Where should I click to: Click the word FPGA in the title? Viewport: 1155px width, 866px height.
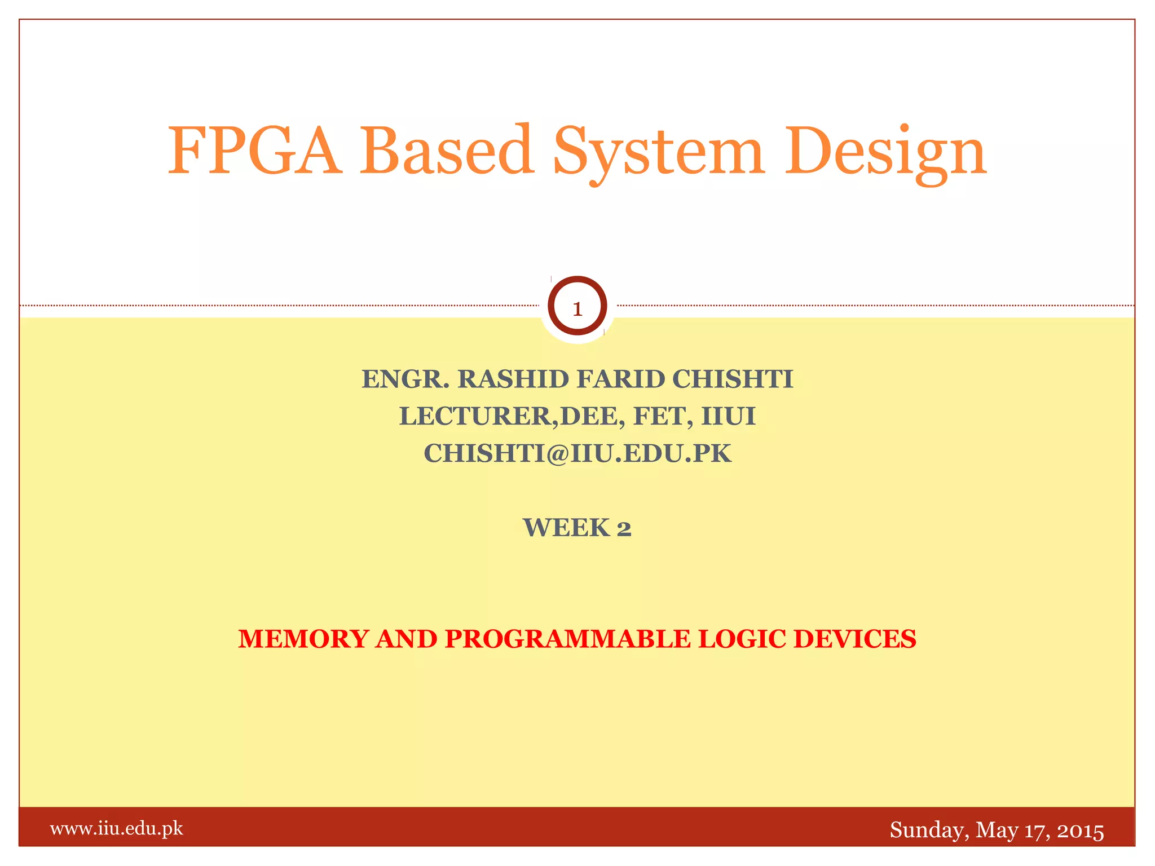(x=255, y=151)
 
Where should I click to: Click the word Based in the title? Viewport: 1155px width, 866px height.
(x=447, y=151)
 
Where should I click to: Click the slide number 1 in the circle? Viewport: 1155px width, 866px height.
(x=577, y=308)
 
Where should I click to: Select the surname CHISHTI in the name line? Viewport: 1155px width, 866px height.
(x=733, y=379)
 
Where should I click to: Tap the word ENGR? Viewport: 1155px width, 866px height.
(x=405, y=379)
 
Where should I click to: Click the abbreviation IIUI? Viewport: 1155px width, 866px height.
(x=728, y=417)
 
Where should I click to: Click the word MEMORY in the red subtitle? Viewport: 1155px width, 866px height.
(x=303, y=639)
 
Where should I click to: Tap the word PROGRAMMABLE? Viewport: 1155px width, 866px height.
(x=567, y=639)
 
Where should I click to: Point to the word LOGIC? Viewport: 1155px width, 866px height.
(x=741, y=639)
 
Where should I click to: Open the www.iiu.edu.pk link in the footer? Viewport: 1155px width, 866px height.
(x=117, y=829)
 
